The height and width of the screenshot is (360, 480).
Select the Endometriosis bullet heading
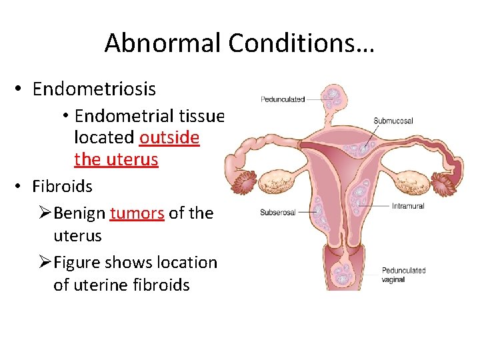tap(93, 89)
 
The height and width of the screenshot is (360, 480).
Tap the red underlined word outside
tap(169, 138)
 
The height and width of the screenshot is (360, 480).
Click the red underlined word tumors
tap(137, 213)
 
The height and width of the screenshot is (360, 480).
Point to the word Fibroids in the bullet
tap(62, 186)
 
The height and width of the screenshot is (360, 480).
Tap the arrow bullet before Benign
tap(44, 213)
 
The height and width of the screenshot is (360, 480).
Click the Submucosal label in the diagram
tap(393, 121)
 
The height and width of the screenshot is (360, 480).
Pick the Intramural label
tap(407, 206)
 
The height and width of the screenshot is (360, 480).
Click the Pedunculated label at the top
tap(283, 99)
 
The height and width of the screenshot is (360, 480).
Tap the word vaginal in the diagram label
tap(393, 280)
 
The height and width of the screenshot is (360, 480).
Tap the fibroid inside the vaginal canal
tap(345, 273)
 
